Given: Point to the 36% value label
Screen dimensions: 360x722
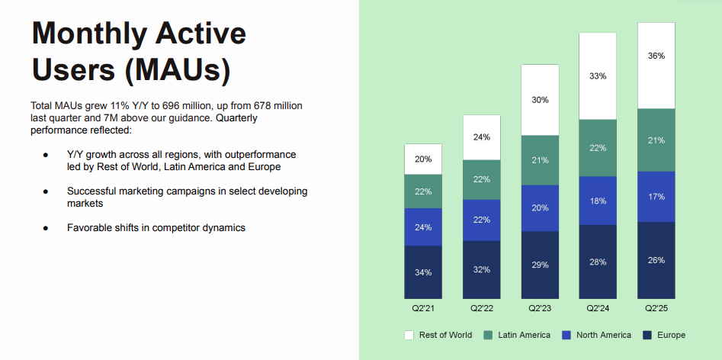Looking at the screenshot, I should pos(656,56).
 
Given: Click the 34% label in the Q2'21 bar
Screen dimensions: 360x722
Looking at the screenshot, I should pos(423,272).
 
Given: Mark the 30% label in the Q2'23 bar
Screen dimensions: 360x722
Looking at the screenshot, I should pos(540,100).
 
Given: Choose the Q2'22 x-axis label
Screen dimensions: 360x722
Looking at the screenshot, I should pos(481,308).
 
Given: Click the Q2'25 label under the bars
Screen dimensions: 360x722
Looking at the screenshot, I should pos(656,308).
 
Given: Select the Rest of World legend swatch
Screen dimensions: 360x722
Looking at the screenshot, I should pos(409,335).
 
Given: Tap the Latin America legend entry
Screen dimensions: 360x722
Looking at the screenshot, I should pos(518,335).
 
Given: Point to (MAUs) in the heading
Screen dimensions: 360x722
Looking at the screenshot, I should pos(178,71).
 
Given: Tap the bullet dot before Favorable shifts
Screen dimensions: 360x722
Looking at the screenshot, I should pos(47,228).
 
